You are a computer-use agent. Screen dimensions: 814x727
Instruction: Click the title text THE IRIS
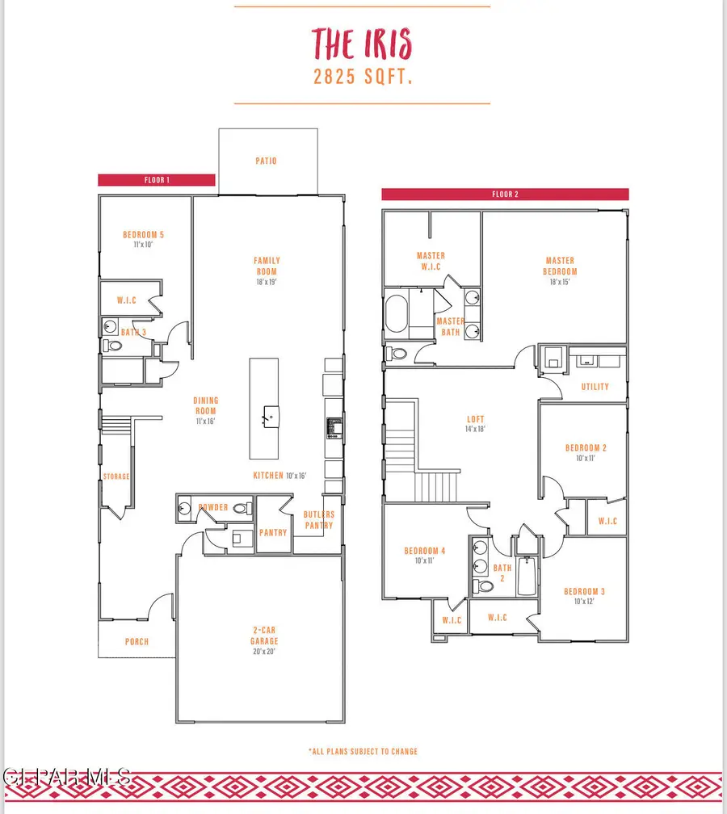362,42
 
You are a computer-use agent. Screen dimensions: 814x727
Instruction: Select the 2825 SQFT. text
362,78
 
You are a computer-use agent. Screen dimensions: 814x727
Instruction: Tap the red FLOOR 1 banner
156,180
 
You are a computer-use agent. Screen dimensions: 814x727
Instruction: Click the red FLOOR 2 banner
505,195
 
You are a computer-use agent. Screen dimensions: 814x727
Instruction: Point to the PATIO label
267,161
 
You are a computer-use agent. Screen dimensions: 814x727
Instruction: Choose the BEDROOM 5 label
144,235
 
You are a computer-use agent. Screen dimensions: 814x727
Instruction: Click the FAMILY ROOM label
267,266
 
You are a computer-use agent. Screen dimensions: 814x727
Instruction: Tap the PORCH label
137,642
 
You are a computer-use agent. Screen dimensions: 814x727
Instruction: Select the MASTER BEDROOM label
560,266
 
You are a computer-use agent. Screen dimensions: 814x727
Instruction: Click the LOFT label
475,419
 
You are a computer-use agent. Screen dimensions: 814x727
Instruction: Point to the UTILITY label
595,387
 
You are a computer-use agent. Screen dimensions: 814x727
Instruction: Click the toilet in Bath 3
112,346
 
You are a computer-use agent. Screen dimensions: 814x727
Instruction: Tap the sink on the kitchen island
267,416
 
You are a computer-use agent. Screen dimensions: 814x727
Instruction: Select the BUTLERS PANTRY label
318,519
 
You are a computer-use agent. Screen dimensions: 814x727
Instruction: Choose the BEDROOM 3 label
585,591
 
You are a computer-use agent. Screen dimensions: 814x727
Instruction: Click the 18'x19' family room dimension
267,283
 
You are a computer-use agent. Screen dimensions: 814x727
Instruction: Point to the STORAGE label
116,476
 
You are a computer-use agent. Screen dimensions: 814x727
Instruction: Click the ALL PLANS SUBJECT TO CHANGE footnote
363,751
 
